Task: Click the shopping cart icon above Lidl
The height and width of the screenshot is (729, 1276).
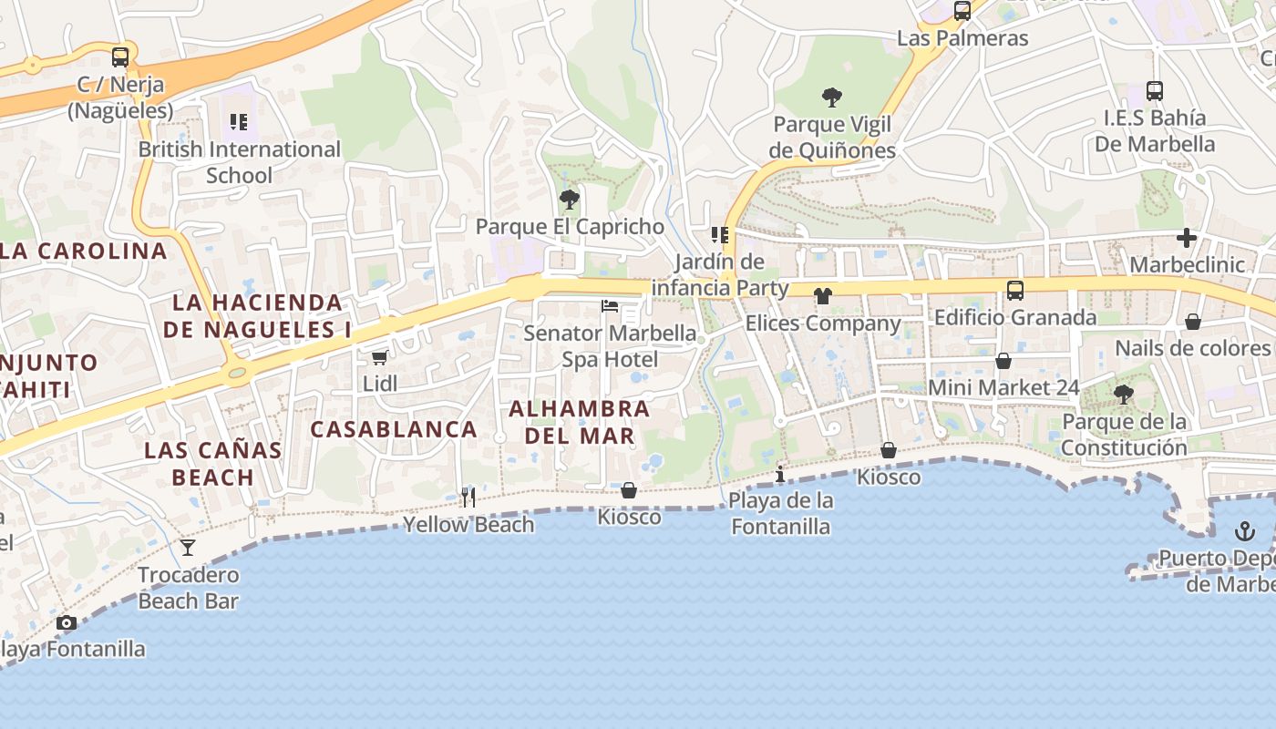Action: click(379, 357)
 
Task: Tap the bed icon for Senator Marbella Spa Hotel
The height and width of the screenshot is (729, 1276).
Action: click(610, 305)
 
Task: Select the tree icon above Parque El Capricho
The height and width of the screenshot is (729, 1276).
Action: click(570, 199)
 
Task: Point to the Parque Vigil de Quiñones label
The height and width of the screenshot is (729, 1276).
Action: click(832, 137)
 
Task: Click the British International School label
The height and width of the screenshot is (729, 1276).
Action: click(239, 161)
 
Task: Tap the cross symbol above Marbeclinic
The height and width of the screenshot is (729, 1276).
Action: click(1186, 238)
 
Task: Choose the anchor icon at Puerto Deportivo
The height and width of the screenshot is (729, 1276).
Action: click(1244, 531)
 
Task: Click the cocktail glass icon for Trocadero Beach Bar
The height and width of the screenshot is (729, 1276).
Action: click(188, 547)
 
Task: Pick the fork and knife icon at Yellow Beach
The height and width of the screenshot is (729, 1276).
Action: click(468, 497)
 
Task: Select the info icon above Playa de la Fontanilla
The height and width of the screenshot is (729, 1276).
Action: click(780, 474)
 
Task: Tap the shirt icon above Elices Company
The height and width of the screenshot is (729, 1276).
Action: click(823, 295)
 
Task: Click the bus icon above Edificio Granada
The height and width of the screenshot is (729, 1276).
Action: click(1014, 291)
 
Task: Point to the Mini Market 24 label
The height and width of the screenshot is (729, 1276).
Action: click(1003, 387)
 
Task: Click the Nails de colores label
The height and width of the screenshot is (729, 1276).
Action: click(1192, 348)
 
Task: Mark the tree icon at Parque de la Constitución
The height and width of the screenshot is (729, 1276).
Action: click(1124, 394)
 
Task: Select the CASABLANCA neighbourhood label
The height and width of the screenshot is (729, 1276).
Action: click(394, 429)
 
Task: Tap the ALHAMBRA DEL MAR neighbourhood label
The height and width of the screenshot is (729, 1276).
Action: click(579, 422)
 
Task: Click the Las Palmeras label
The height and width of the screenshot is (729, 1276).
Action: click(962, 38)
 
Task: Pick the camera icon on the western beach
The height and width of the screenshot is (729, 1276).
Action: click(66, 623)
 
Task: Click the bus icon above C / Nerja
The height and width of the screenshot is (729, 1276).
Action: click(120, 57)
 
